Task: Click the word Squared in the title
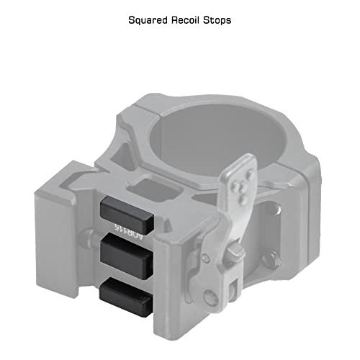148,20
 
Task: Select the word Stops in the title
217,20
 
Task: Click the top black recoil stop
127,215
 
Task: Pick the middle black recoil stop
127,257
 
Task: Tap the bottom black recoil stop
126,297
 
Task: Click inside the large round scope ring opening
216,137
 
